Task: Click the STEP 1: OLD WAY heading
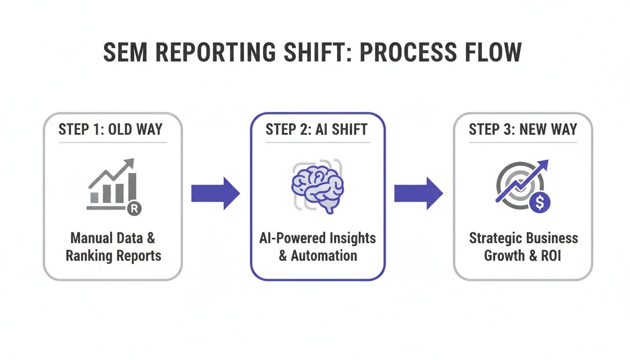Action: pos(113,129)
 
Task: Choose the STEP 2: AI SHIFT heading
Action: pos(317,129)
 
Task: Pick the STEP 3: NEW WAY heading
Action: pos(523,129)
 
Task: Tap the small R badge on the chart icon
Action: pos(134,209)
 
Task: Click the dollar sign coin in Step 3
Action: pos(540,202)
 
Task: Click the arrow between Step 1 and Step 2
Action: pos(215,193)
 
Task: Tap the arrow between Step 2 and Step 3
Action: pos(418,193)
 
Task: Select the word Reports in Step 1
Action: pos(139,256)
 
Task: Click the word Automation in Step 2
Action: pos(324,256)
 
